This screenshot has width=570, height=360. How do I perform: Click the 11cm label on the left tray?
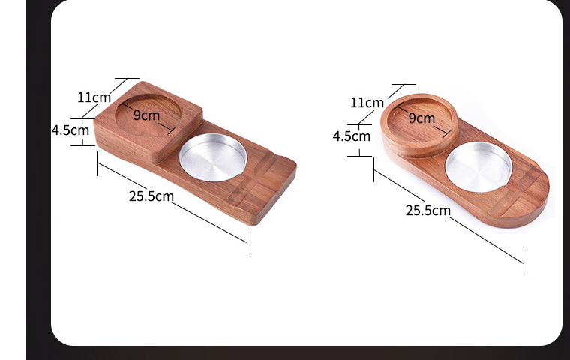pos(94,97)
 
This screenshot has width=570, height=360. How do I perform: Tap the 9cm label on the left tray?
pos(147,115)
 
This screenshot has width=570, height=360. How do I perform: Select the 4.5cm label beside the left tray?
pos(70,130)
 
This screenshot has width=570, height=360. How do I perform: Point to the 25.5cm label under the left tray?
pos(151,196)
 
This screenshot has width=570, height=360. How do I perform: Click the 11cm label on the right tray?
pos(367,102)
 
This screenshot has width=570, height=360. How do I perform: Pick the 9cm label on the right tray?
pos(421,118)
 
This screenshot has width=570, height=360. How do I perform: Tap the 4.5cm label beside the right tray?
pos(351,136)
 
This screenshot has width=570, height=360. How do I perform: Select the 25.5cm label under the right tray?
pos(428,210)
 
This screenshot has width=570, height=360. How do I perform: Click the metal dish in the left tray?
pos(213,157)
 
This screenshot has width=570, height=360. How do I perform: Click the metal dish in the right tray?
pos(478,165)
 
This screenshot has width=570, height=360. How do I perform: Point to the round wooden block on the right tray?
pos(420,125)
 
